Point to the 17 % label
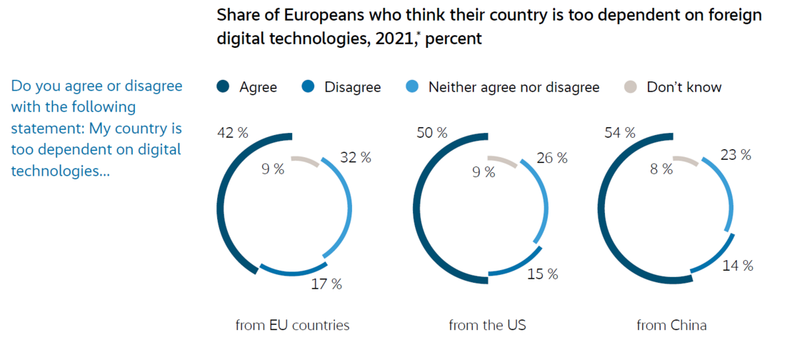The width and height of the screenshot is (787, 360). (326, 284)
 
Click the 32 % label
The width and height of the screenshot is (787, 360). (355, 158)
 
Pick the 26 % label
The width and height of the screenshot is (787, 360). (551, 158)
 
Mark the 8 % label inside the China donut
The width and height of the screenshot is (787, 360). (661, 169)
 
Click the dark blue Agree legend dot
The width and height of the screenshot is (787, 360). (222, 87)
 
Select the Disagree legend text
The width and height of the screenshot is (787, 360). (353, 87)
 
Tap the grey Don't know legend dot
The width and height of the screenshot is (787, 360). (629, 87)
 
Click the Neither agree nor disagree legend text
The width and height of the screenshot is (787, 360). (513, 87)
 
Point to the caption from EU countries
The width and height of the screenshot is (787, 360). (293, 325)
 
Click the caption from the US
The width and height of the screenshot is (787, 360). (487, 325)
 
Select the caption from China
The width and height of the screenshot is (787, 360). (671, 325)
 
